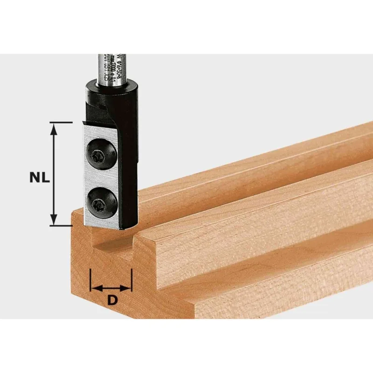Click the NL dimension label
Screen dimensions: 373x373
tap(39, 178)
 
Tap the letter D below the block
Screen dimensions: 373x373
tap(112, 301)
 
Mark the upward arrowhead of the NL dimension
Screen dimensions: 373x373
tap(55, 128)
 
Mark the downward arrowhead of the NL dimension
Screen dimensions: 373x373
tap(55, 220)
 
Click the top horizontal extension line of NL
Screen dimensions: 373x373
tap(61, 123)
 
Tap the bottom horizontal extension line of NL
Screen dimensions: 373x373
tap(61, 226)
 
